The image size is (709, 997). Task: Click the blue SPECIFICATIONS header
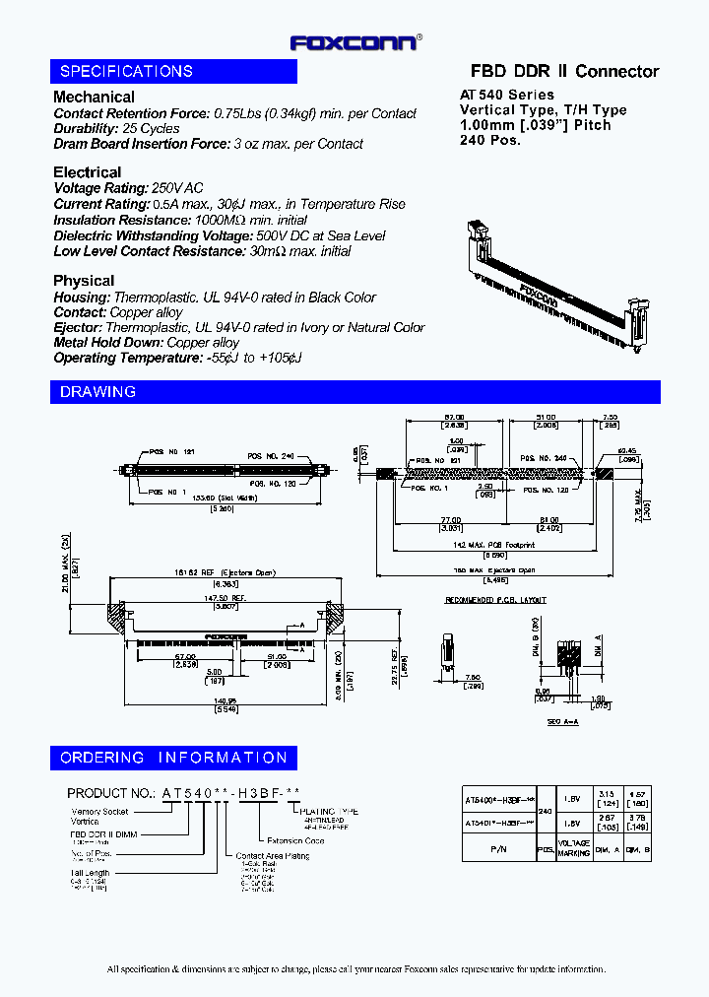[x=173, y=71]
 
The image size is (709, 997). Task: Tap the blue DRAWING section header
[x=354, y=391]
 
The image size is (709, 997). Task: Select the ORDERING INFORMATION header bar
[x=173, y=758]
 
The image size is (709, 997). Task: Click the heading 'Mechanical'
[x=94, y=97]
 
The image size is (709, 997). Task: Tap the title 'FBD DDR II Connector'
[x=564, y=71]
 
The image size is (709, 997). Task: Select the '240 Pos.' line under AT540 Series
[x=490, y=140]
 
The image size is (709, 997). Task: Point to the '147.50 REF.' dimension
[x=226, y=597]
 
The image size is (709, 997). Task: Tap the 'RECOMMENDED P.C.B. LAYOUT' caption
[x=495, y=600]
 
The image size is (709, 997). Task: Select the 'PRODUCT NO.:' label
[x=111, y=793]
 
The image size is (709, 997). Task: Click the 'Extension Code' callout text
[x=295, y=840]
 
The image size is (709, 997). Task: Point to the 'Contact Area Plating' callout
[x=273, y=856]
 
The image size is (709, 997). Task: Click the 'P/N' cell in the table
[x=496, y=846]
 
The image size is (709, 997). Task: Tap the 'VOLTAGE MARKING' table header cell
[x=575, y=847]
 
